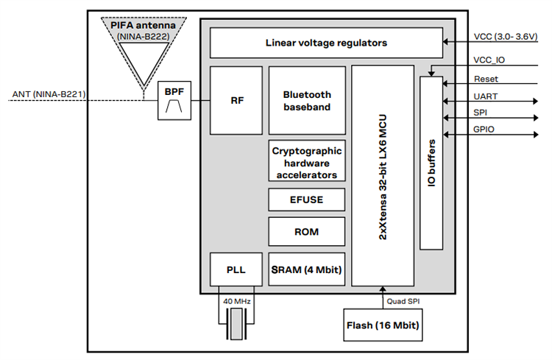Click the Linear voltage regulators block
(326, 43)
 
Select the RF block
(236, 100)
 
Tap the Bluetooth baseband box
(307, 100)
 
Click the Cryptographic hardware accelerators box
(307, 160)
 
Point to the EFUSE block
(307, 199)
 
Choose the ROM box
(307, 231)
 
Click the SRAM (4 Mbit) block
(307, 270)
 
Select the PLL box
(236, 270)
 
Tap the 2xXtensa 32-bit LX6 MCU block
(383, 175)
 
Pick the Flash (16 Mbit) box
(383, 325)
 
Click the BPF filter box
(174, 101)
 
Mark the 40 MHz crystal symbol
(236, 322)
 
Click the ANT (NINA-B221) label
(49, 93)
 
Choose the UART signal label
(486, 96)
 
